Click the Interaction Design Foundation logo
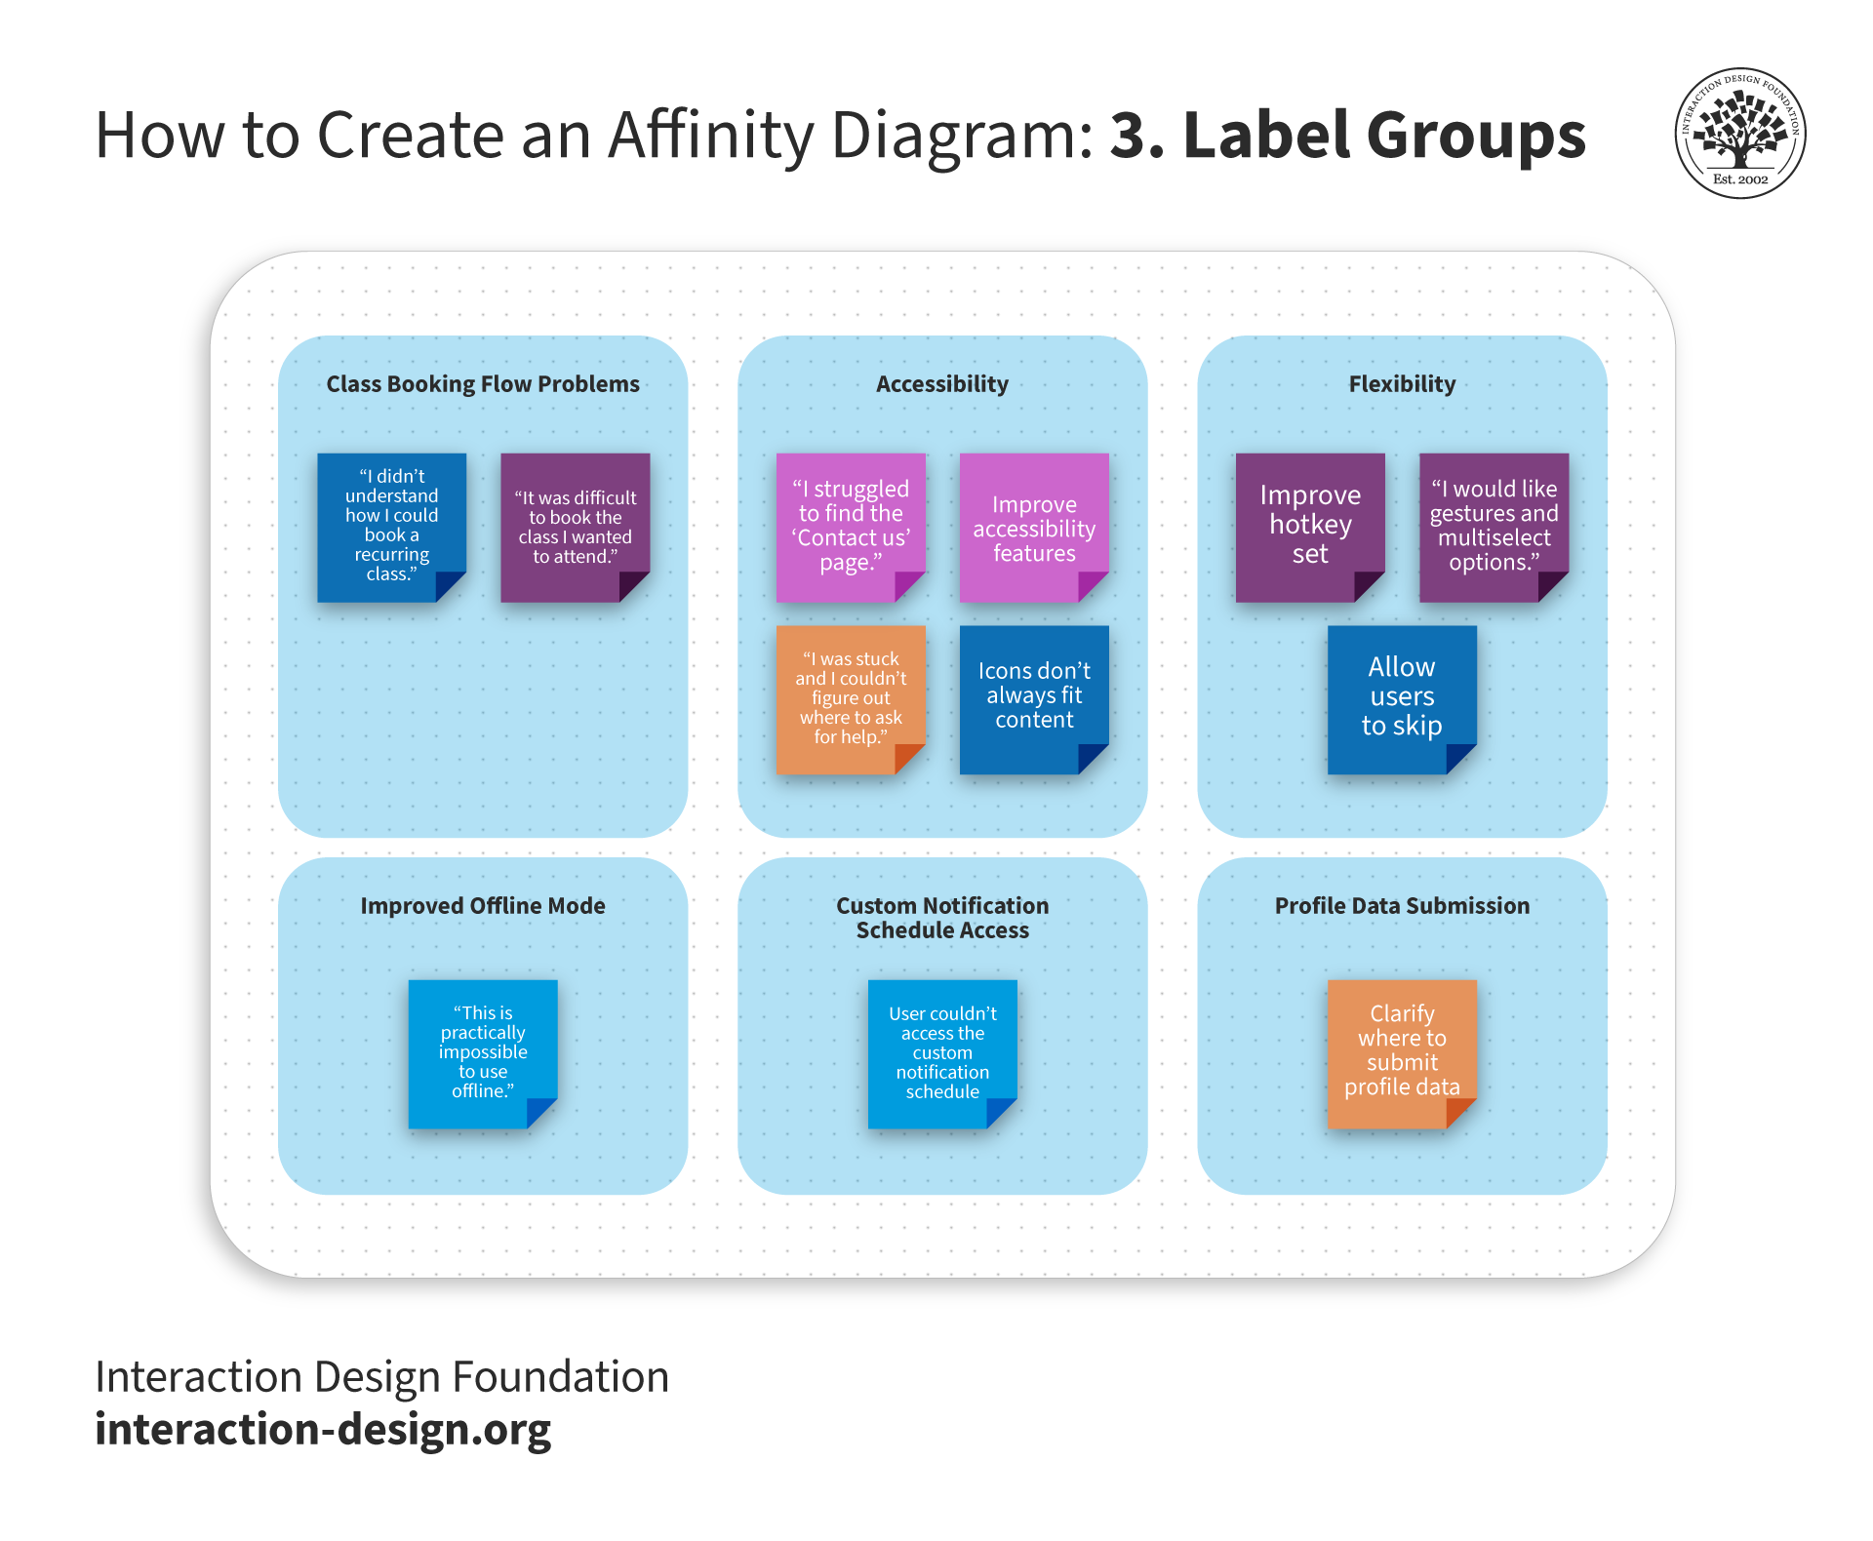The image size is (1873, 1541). click(x=1740, y=134)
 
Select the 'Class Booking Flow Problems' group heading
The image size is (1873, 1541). click(x=483, y=384)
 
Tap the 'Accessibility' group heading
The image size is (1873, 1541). click(x=942, y=384)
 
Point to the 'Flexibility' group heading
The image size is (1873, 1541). click(x=1402, y=384)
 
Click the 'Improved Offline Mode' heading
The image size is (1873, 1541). click(x=483, y=906)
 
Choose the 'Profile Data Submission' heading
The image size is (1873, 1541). click(x=1402, y=906)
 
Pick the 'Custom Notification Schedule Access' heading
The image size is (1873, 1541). click(x=942, y=918)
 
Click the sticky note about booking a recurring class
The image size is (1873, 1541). click(x=391, y=527)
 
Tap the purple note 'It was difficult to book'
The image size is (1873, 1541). click(x=575, y=527)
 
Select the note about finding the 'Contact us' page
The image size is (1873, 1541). click(x=851, y=527)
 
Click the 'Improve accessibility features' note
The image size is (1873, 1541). click(x=1034, y=527)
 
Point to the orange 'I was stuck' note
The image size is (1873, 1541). click(x=851, y=699)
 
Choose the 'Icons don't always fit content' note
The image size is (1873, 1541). click(x=1034, y=699)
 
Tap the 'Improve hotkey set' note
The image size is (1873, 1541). click(x=1310, y=527)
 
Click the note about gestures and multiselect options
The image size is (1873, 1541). click(x=1494, y=527)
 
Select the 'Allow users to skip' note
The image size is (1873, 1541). click(x=1402, y=699)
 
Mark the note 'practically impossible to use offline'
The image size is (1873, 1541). click(x=483, y=1053)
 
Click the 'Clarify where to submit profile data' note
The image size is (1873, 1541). click(x=1402, y=1053)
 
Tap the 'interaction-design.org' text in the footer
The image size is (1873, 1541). click(x=323, y=1430)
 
